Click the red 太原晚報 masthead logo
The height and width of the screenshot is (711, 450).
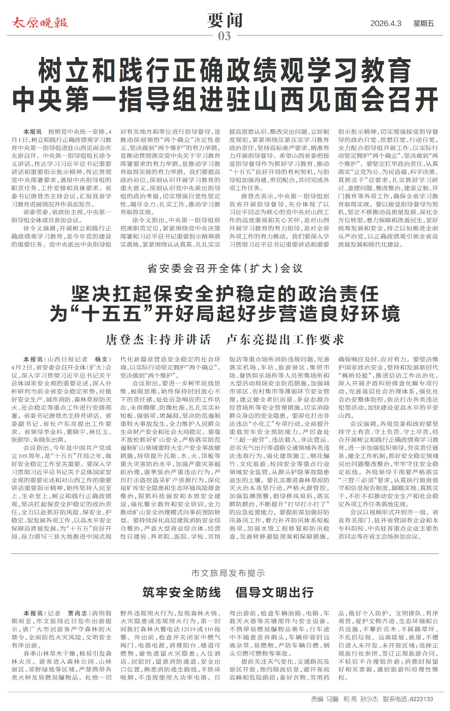point(40,23)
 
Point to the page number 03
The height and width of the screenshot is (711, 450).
point(224,36)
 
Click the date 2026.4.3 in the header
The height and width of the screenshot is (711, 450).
point(385,24)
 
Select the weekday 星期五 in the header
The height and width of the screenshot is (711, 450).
point(424,24)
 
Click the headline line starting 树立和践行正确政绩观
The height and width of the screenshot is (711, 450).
point(225,71)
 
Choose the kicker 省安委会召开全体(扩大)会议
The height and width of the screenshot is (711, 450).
point(225,268)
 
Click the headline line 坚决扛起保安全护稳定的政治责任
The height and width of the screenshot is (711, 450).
point(225,294)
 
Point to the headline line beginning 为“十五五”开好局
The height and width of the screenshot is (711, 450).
point(225,313)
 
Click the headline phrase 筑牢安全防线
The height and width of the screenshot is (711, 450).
point(181,593)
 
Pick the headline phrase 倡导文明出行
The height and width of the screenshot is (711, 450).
point(274,593)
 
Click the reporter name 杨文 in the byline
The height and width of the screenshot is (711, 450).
point(101,359)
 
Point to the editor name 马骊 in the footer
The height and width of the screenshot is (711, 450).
point(332,699)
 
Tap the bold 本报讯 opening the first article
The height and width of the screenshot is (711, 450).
point(33,132)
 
